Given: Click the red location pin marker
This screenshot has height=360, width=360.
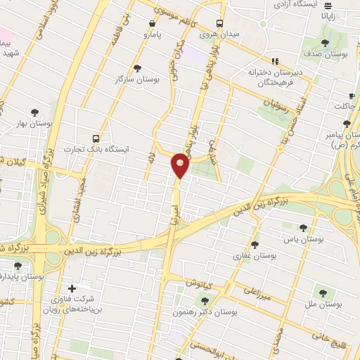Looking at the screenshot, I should click(x=180, y=165).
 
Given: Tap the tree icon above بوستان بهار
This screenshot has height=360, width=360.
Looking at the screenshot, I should click(x=34, y=112).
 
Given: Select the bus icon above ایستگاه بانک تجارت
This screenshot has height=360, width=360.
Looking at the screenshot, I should click(x=96, y=139).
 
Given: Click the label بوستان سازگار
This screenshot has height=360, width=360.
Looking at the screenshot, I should click(x=137, y=80).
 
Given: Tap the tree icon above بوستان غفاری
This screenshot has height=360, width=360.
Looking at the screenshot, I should click(x=254, y=245).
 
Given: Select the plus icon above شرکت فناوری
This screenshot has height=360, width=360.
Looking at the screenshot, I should click(x=72, y=288).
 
